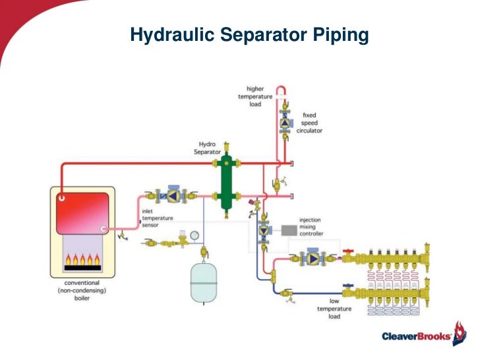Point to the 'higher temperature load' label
(255, 96)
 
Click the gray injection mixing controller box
(287, 231)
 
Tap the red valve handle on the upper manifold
(347, 252)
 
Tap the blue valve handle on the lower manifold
(347, 285)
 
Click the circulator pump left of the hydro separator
(172, 196)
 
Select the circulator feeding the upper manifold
(310, 259)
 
